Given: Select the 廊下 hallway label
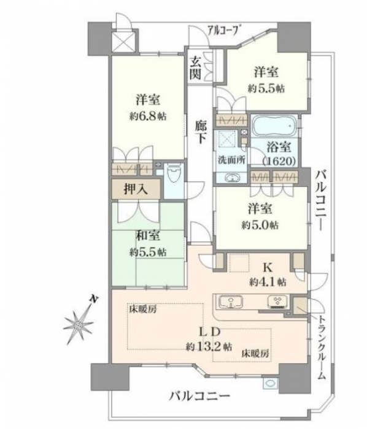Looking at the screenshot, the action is (x=201, y=132).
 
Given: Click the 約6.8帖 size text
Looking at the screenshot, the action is (x=148, y=116).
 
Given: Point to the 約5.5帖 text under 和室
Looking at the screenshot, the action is (x=148, y=252).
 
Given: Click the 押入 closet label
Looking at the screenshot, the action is (x=136, y=189).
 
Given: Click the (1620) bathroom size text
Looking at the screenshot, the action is (x=279, y=161).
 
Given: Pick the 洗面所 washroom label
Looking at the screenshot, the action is (x=231, y=160).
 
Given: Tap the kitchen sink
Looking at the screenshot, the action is (x=231, y=302).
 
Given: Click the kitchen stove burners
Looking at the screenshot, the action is (x=278, y=302).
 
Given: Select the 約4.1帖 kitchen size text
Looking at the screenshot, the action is (x=268, y=281).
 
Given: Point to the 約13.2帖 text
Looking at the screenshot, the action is (x=209, y=347).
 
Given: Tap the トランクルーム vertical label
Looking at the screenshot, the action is (x=322, y=347).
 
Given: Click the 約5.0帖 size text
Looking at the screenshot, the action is (x=260, y=225).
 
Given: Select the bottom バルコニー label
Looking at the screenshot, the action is (x=199, y=396).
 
